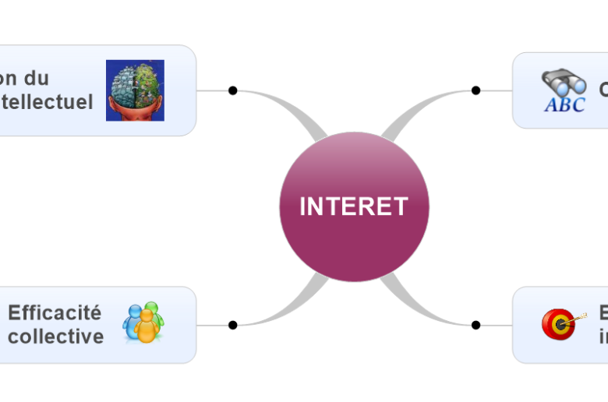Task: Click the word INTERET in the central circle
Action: coord(354,206)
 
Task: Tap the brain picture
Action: coord(135,90)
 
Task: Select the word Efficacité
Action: coord(55,313)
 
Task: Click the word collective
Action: coord(55,336)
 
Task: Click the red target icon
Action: coord(558,324)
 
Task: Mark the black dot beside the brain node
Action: coord(232,90)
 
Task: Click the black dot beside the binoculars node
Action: coord(475,90)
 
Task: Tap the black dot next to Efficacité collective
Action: coord(232,325)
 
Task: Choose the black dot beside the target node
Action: coord(475,325)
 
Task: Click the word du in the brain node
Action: coord(37,78)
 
